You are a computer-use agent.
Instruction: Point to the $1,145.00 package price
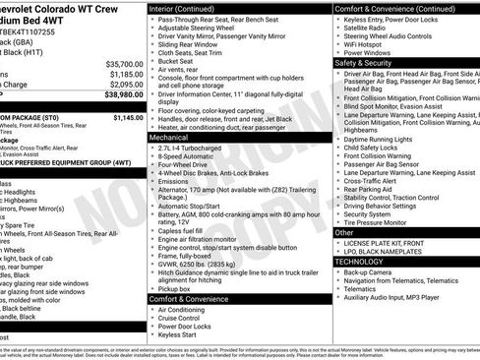coord(127,117)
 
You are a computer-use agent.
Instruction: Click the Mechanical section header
coord(169,139)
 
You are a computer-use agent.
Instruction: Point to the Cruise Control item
coord(186,318)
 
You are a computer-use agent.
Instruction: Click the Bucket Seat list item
coord(181,62)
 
